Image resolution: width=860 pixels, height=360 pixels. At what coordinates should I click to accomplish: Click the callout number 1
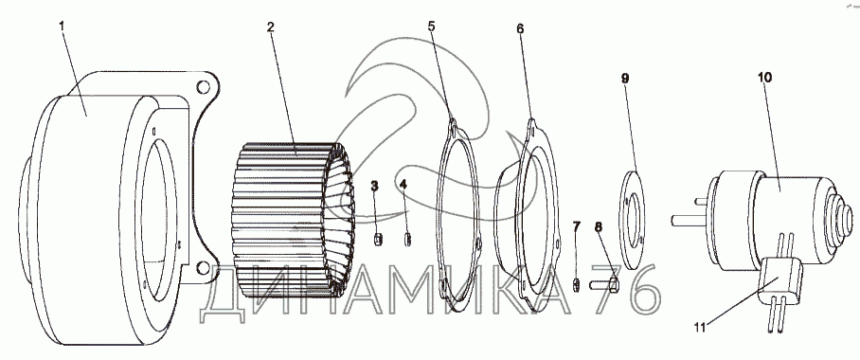point(62,26)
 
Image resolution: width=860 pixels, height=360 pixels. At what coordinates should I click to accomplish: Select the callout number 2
point(270,27)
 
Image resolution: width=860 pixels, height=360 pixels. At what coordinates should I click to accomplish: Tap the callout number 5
point(432,26)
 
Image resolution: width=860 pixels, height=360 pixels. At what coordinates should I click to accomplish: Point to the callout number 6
point(520,28)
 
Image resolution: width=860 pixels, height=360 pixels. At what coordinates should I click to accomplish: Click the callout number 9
point(625,79)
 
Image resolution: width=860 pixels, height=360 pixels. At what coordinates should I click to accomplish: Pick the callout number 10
point(764,78)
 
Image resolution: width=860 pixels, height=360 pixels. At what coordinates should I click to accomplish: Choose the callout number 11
point(699,328)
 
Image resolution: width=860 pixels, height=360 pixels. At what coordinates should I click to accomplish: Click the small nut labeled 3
point(377,240)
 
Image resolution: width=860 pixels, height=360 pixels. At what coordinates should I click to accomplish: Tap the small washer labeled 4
point(407,240)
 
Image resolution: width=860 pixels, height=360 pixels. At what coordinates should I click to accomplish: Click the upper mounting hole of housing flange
point(203,87)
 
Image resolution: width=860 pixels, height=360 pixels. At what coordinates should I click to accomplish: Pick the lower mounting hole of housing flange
point(203,268)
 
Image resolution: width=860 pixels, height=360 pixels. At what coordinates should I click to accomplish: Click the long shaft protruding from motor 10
point(689,220)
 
